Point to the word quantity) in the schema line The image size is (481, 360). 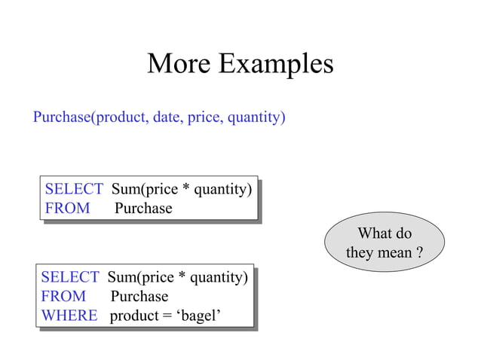click(x=256, y=119)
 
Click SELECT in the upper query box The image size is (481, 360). click(x=74, y=189)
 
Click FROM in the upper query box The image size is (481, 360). click(x=67, y=208)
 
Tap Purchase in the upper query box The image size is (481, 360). click(x=143, y=208)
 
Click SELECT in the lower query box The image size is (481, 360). click(x=70, y=278)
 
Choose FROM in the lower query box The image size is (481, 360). click(x=63, y=297)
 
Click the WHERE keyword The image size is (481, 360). click(x=69, y=316)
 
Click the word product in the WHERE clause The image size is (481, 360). click(x=133, y=316)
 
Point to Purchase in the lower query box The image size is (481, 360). click(x=139, y=297)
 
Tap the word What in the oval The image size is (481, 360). click(x=372, y=233)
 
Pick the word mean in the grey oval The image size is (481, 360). click(x=394, y=252)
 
